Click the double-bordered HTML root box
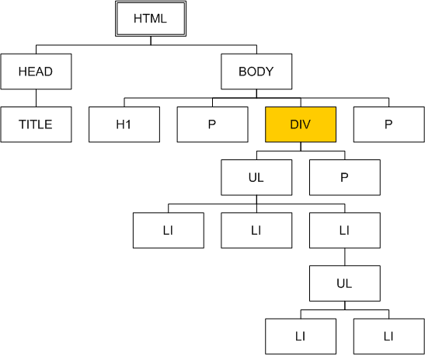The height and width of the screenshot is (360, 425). click(x=151, y=19)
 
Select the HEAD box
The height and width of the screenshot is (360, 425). click(x=36, y=72)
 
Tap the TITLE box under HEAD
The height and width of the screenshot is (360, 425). click(x=36, y=124)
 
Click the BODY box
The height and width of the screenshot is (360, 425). click(x=256, y=72)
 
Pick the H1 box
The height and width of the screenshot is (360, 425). click(x=124, y=124)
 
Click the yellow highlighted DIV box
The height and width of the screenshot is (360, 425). click(x=301, y=124)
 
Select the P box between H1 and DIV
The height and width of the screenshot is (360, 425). click(x=213, y=124)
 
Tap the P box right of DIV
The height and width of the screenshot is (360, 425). click(x=389, y=124)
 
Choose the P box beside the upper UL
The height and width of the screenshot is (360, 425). click(x=345, y=177)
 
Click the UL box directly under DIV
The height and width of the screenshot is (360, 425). click(x=256, y=177)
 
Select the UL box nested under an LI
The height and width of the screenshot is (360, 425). click(x=345, y=284)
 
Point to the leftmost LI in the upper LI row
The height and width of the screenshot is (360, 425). click(x=169, y=230)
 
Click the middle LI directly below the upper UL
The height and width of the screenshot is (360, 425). click(x=256, y=230)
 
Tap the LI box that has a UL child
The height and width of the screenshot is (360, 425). click(x=345, y=230)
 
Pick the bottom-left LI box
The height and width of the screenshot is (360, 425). click(x=301, y=337)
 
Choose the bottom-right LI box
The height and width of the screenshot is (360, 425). click(x=389, y=337)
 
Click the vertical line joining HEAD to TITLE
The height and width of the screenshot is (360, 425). click(x=36, y=98)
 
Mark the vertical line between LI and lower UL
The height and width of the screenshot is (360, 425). click(x=345, y=257)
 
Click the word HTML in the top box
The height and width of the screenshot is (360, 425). click(x=150, y=19)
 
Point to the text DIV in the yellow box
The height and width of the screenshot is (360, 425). click(x=301, y=124)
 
